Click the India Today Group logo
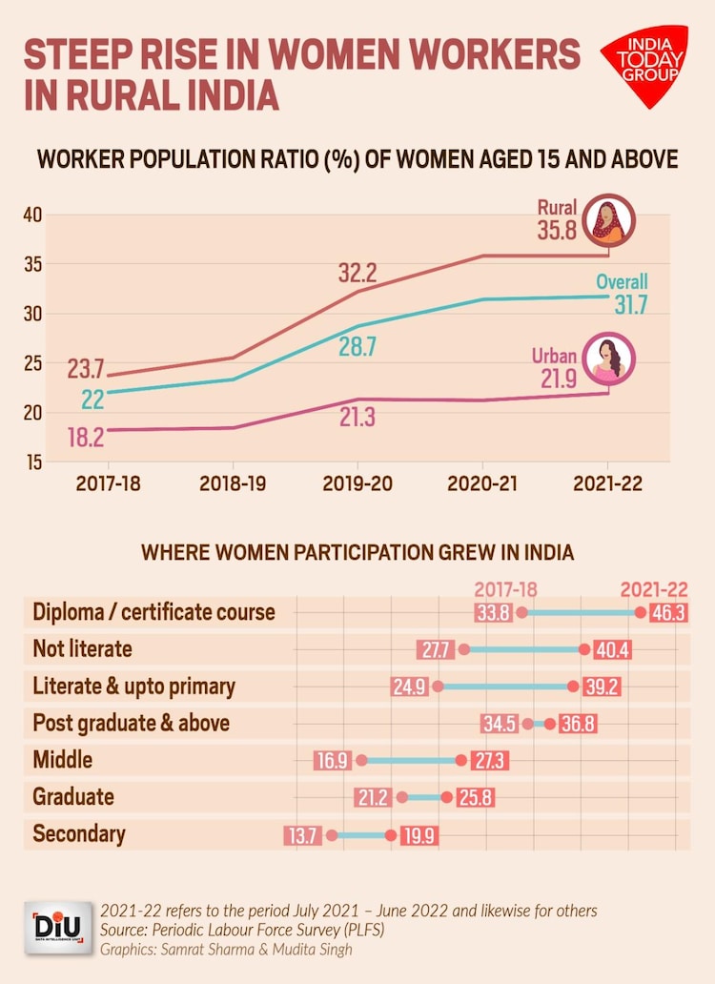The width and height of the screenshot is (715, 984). pos(643,64)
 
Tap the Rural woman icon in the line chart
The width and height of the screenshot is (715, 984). pos(611,218)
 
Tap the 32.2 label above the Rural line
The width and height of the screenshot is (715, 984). pos(357,274)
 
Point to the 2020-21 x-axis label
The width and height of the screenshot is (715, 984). pos(482,483)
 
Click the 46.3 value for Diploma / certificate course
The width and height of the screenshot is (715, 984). pos(667,613)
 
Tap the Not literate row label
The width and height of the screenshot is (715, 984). pos(82,649)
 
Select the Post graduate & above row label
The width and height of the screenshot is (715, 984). pos(131,723)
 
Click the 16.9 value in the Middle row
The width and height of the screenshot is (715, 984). pos(331,761)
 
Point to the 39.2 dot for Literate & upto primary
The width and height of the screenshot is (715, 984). pos(573,687)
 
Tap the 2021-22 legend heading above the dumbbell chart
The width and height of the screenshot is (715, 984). pos(653,590)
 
